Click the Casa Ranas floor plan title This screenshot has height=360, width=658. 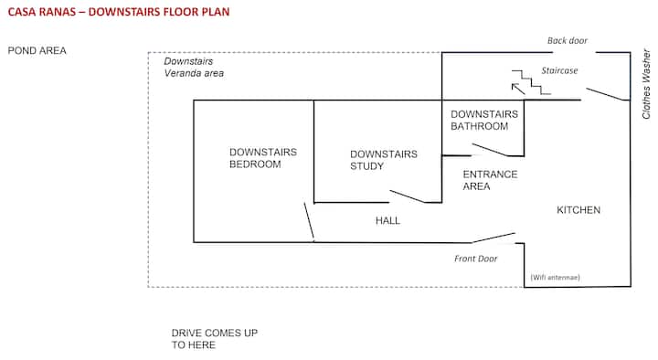[x=119, y=12]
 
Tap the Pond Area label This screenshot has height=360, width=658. [x=37, y=51]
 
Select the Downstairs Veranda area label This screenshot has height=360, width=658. [x=194, y=67]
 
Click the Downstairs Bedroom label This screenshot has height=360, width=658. [x=263, y=158]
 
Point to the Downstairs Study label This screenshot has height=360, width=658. [x=384, y=160]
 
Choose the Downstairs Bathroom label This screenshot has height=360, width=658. [x=484, y=120]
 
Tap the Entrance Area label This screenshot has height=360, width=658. [x=490, y=180]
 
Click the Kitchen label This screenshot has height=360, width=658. [x=578, y=210]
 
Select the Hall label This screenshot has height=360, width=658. [x=387, y=221]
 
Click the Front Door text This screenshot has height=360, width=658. [x=475, y=259]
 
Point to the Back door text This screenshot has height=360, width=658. [x=568, y=41]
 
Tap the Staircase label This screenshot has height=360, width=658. [x=559, y=70]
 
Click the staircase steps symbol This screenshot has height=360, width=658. [x=531, y=82]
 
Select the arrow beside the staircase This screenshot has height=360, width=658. [x=518, y=89]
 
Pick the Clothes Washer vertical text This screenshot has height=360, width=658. [x=646, y=84]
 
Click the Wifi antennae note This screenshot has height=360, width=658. [x=556, y=278]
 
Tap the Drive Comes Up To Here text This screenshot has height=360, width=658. [x=215, y=339]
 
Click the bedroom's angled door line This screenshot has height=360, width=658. [x=309, y=221]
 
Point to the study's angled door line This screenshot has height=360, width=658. [x=408, y=196]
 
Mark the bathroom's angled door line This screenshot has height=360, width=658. [x=490, y=150]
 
